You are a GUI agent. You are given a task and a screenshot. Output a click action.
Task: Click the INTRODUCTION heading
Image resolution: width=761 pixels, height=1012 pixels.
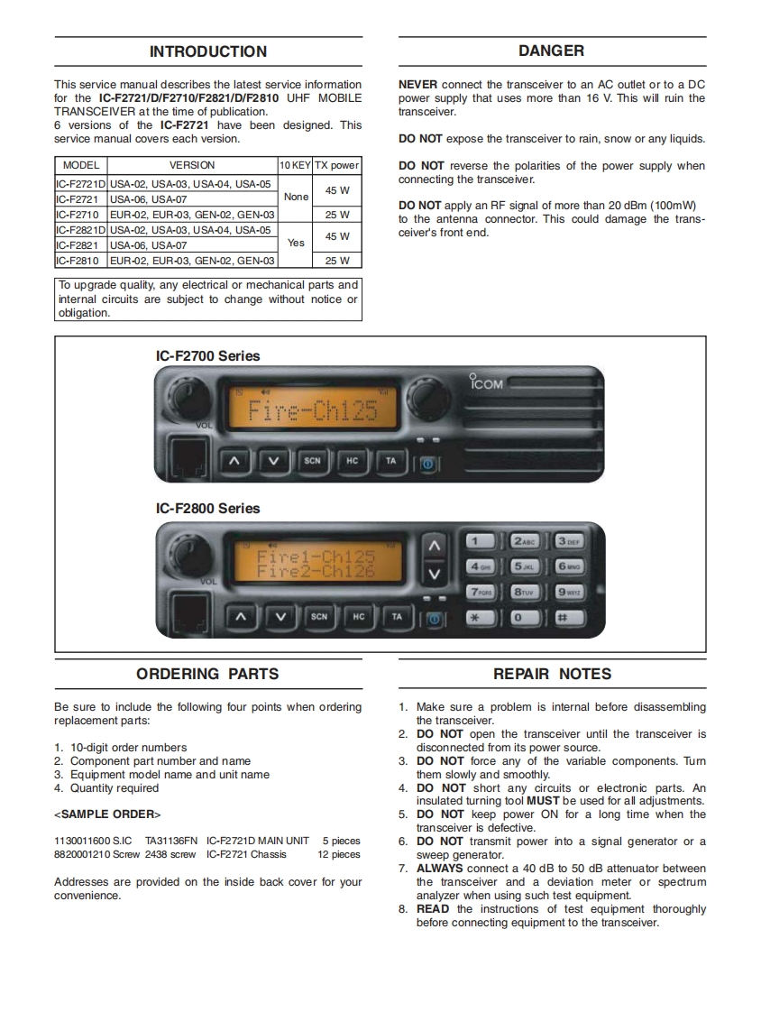208,51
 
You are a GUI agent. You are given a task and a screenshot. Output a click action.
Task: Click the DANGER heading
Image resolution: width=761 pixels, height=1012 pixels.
551,51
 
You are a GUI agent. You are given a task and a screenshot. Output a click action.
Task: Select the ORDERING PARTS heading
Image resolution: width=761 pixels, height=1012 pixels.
207,674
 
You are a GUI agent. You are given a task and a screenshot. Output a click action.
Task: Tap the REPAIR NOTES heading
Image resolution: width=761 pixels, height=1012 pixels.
552,674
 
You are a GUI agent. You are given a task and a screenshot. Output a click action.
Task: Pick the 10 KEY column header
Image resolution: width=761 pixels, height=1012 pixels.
295,165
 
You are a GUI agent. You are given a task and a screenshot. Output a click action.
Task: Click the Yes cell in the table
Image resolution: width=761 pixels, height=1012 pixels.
295,243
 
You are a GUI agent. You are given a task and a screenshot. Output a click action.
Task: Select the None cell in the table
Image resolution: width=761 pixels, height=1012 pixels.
295,197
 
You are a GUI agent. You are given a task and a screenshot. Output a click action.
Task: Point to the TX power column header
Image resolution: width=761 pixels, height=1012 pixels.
336,165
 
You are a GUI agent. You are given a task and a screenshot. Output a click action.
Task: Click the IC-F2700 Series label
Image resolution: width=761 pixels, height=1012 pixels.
207,356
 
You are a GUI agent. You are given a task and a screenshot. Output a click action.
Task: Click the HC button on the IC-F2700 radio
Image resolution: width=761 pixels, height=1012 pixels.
352,461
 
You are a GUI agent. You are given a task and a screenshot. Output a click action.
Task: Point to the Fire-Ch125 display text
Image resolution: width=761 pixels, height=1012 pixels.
313,411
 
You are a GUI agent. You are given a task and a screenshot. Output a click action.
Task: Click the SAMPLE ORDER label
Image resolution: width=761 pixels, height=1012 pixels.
107,814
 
